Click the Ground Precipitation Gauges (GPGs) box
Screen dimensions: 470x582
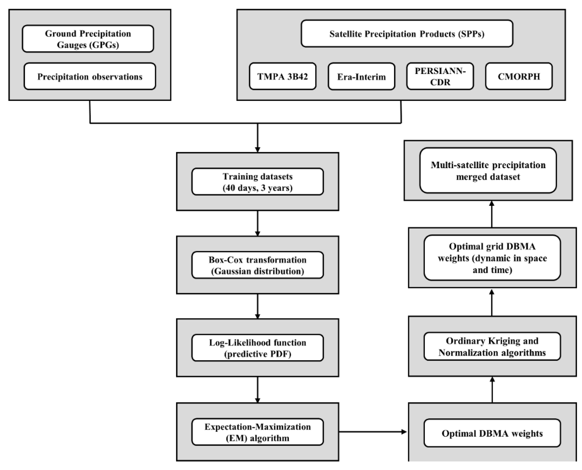(88, 39)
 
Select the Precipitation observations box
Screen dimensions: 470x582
(90, 76)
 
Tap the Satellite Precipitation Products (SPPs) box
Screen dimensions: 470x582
(407, 34)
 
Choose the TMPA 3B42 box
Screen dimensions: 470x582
(282, 76)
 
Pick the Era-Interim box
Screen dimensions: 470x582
(361, 76)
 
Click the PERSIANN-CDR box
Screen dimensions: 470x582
(440, 76)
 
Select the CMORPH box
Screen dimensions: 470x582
(519, 76)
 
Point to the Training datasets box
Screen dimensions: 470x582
(257, 182)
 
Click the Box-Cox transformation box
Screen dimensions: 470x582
(257, 265)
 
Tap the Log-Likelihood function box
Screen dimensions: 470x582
(257, 348)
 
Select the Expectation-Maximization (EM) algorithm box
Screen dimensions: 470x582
(257, 432)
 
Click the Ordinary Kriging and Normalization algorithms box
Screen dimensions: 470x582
(492, 346)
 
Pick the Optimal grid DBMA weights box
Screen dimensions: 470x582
(492, 258)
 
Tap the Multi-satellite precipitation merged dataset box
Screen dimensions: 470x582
(488, 171)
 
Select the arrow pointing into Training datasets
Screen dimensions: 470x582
(257, 138)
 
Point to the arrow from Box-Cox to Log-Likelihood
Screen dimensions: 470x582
(257, 306)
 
